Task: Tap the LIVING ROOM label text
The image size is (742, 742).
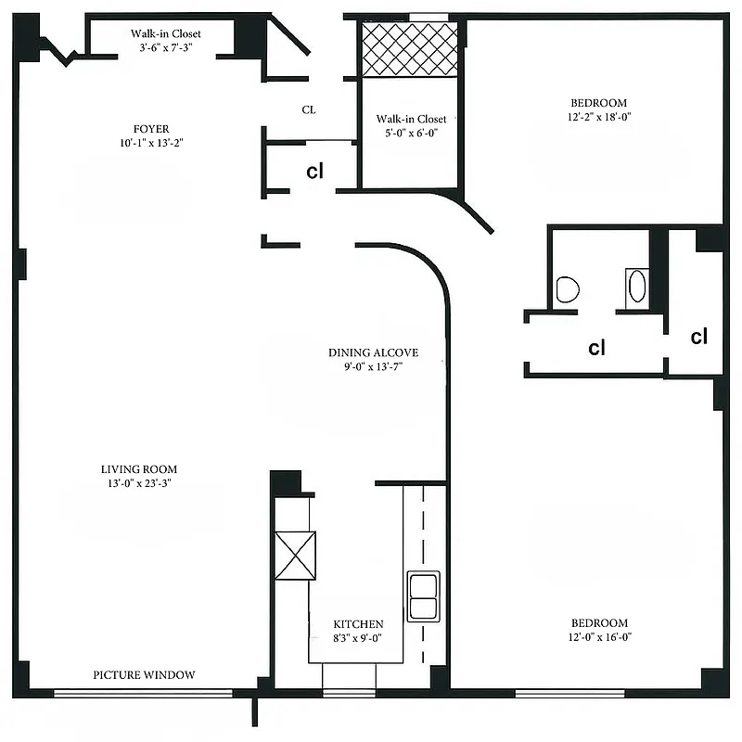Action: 139,469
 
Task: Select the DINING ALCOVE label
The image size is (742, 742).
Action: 373,352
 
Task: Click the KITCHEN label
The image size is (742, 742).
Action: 358,624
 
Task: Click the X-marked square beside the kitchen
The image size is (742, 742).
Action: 296,555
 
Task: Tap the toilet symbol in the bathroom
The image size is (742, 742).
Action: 568,288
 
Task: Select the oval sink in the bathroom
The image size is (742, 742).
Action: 638,287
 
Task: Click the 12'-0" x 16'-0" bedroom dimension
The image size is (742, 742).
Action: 598,637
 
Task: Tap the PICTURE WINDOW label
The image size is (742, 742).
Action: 144,675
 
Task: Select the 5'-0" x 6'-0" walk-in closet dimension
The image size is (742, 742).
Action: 411,133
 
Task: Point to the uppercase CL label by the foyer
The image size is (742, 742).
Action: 309,109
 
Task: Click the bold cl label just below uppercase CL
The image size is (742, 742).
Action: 315,172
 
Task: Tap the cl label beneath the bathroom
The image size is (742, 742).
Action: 597,349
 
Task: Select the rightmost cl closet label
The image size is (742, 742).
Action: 699,337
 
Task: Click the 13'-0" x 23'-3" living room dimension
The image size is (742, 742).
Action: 139,483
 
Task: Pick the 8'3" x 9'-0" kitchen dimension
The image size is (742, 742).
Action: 358,638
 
